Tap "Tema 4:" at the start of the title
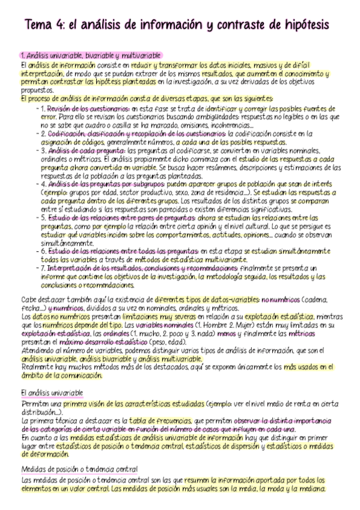(43, 25)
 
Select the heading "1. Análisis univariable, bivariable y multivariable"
(90, 55)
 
